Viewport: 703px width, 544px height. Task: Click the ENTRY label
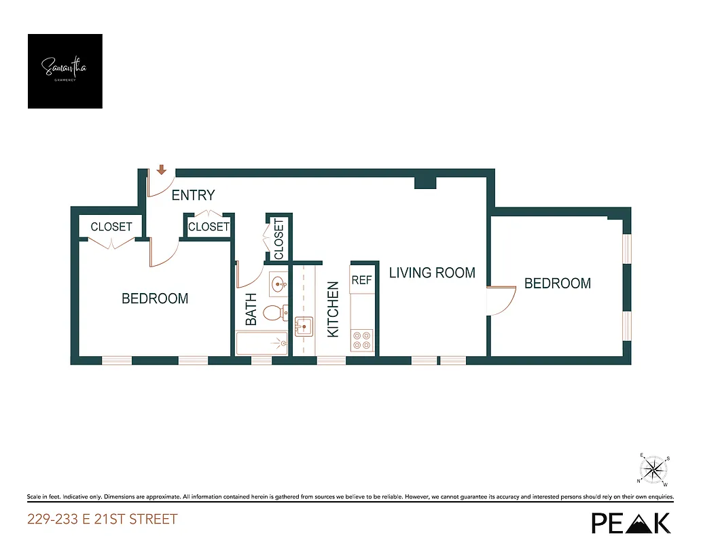(x=193, y=196)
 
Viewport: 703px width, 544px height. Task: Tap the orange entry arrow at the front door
(x=162, y=170)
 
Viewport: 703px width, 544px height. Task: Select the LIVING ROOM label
(x=432, y=273)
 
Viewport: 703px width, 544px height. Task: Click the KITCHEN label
(x=333, y=309)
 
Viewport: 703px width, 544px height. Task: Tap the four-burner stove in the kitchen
(x=362, y=340)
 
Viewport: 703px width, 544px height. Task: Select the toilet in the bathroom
(x=273, y=313)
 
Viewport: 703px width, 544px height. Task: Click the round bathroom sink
(x=277, y=284)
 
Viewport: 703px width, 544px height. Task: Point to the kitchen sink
(x=304, y=327)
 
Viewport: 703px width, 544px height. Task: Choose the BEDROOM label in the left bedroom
(x=155, y=299)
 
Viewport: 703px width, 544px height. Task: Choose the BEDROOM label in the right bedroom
(x=558, y=284)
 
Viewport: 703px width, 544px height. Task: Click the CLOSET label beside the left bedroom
(x=111, y=226)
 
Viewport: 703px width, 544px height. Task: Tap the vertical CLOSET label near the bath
(x=278, y=239)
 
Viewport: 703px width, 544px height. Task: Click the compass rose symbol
(x=654, y=469)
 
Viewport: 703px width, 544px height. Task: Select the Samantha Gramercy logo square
(x=65, y=71)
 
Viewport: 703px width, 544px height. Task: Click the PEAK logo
(x=631, y=522)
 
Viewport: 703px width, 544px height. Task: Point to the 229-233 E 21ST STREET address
(x=103, y=520)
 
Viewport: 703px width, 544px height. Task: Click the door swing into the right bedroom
(x=497, y=303)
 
